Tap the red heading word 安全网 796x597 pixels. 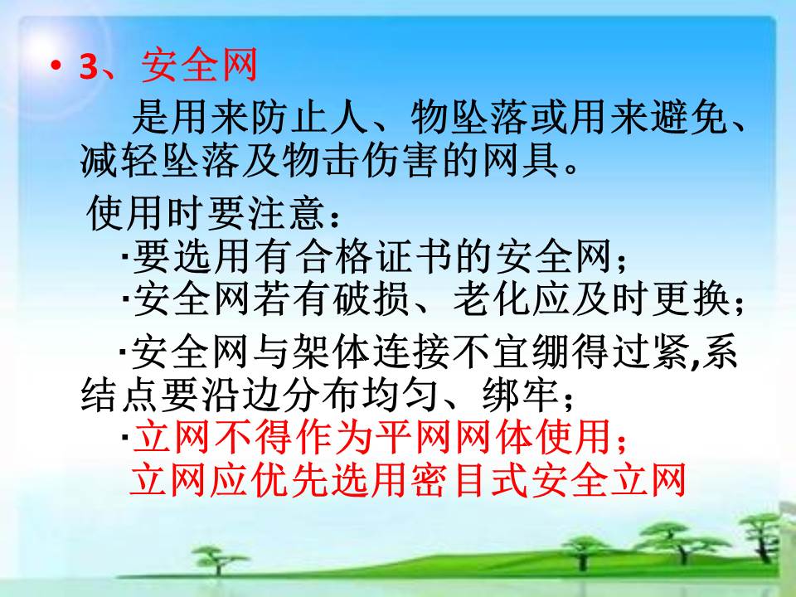coord(199,66)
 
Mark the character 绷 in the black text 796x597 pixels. coord(549,352)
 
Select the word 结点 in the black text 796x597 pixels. coord(119,394)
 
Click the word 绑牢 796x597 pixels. coord(521,394)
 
